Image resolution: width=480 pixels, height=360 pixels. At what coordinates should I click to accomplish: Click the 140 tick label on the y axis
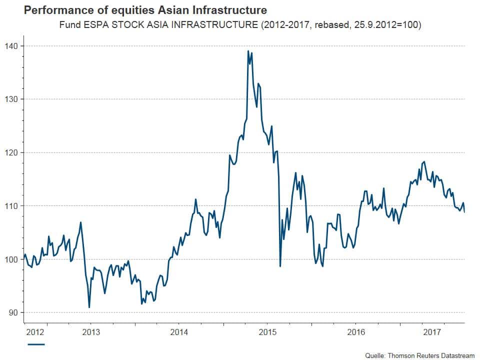click(10, 46)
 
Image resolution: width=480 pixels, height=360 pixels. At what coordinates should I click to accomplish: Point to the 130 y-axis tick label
click(10, 99)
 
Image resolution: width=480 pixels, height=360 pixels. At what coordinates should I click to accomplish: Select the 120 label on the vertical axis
click(10, 152)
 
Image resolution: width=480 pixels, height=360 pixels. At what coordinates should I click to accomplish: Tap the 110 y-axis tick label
click(10, 206)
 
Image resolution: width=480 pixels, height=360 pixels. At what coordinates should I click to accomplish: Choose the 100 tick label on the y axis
click(10, 259)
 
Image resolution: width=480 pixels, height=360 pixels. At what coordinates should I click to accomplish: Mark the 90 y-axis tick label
click(12, 312)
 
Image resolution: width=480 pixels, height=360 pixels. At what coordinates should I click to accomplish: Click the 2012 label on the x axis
click(36, 332)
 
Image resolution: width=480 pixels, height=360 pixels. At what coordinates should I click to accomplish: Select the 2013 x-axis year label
click(90, 332)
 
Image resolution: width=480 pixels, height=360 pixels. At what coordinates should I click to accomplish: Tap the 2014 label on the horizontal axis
click(179, 332)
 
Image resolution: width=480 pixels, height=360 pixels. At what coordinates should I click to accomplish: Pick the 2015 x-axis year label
click(267, 332)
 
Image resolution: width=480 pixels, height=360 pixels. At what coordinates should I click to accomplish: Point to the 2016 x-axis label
click(356, 332)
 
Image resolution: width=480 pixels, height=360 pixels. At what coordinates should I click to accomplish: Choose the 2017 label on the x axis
click(431, 332)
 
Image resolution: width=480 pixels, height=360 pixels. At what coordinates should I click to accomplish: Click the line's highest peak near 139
click(248, 51)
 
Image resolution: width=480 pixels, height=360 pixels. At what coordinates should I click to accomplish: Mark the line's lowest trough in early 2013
click(89, 307)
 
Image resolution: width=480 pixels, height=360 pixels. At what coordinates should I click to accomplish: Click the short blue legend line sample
click(36, 344)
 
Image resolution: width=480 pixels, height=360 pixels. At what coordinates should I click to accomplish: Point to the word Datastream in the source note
click(454, 355)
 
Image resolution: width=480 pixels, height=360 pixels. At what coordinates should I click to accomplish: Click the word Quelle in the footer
click(373, 355)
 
